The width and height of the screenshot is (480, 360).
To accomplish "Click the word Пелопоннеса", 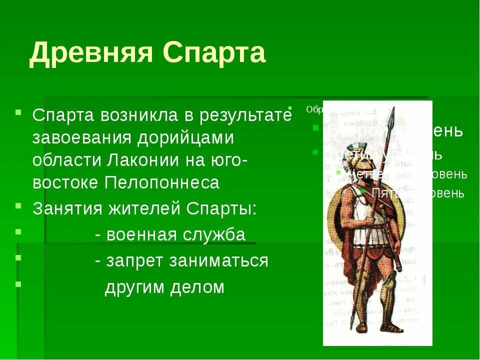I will coord(162,182).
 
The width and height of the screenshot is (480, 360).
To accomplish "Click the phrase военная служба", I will coord(175,234).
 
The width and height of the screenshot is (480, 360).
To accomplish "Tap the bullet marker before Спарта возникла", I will coord(18,111).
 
